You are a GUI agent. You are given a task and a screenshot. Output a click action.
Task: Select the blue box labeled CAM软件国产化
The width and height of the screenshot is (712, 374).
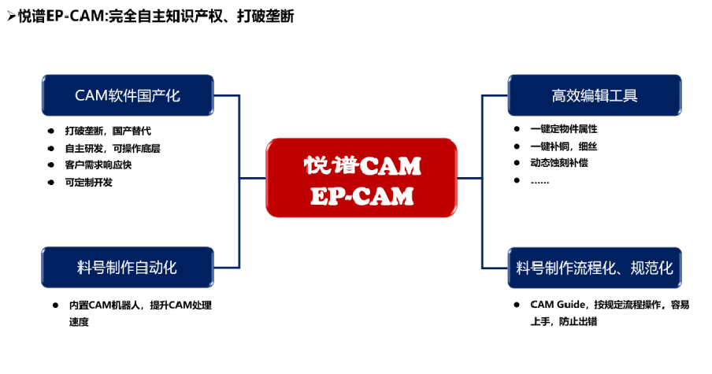click(128, 95)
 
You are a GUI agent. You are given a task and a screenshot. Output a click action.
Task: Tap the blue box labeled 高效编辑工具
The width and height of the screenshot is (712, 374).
click(595, 95)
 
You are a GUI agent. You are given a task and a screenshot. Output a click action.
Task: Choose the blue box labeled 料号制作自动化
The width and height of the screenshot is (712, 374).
click(128, 268)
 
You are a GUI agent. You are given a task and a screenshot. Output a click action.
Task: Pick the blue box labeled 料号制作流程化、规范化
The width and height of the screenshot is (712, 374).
click(595, 268)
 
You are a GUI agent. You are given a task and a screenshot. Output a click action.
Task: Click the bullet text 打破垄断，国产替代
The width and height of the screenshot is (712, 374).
click(108, 129)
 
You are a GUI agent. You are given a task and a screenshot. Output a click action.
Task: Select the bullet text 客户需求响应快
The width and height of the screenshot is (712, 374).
click(98, 165)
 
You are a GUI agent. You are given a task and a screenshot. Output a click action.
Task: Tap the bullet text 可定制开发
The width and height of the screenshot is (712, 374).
click(88, 182)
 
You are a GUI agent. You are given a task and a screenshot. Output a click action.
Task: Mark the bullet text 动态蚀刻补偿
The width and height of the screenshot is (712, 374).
click(559, 163)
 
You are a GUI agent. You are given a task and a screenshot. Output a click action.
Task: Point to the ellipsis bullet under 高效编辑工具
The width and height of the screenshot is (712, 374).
click(540, 180)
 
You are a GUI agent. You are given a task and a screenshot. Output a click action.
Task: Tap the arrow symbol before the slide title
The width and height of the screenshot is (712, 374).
click(10, 16)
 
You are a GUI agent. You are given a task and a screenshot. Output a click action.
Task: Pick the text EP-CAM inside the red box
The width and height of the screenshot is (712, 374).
click(362, 195)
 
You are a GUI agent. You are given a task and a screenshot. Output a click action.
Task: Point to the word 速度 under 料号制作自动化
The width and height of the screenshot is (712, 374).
click(78, 321)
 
